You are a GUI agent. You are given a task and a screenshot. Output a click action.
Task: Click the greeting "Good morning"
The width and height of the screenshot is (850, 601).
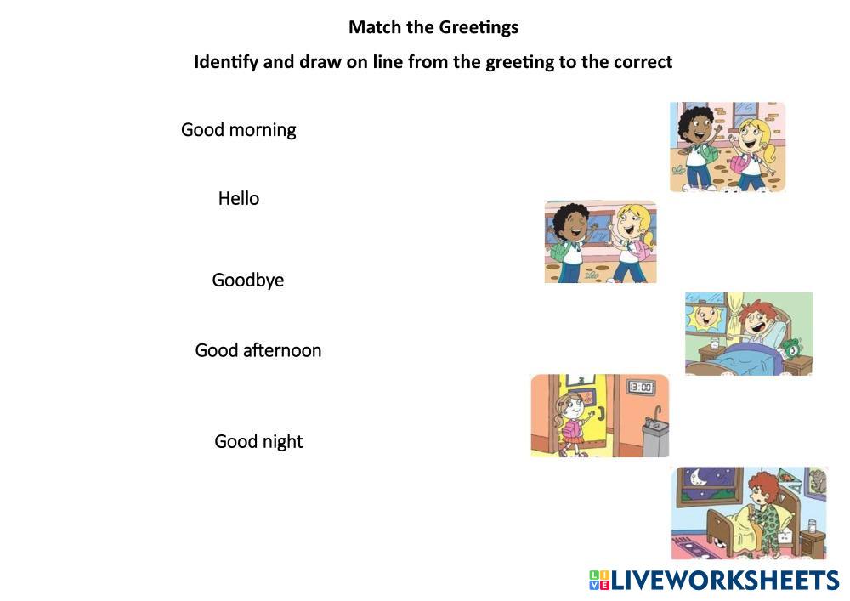pos(239,130)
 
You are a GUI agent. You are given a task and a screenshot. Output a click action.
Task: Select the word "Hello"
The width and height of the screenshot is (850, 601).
pos(239,198)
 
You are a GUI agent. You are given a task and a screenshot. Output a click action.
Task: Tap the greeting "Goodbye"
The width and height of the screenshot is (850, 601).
pos(247,281)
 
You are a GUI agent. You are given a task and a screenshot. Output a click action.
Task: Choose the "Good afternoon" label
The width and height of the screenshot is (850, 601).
pos(258,350)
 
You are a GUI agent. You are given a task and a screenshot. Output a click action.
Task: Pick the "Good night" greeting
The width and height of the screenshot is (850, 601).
pos(258,442)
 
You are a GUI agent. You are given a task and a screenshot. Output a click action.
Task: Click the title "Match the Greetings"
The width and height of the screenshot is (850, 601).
pos(433,28)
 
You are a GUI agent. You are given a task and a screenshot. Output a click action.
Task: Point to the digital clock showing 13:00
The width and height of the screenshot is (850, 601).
pos(641,387)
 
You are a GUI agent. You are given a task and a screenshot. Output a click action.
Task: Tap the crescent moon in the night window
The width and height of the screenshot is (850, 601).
pos(699,477)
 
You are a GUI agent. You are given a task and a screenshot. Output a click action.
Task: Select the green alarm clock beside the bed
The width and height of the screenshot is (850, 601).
pos(792,349)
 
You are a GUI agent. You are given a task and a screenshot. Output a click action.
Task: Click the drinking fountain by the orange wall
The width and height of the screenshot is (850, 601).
pos(654,434)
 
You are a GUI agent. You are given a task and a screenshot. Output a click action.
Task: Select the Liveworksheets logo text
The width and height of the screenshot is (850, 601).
pos(725,581)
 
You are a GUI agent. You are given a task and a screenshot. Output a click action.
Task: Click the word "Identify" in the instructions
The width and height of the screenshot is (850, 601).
pos(226,62)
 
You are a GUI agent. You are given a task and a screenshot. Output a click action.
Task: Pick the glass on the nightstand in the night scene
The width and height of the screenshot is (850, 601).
pos(812,525)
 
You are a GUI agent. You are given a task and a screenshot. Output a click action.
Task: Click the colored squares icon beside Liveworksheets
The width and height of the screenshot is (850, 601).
pos(599,581)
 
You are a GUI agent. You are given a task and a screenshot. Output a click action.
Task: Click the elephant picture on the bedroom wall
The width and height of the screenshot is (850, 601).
pos(815,482)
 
